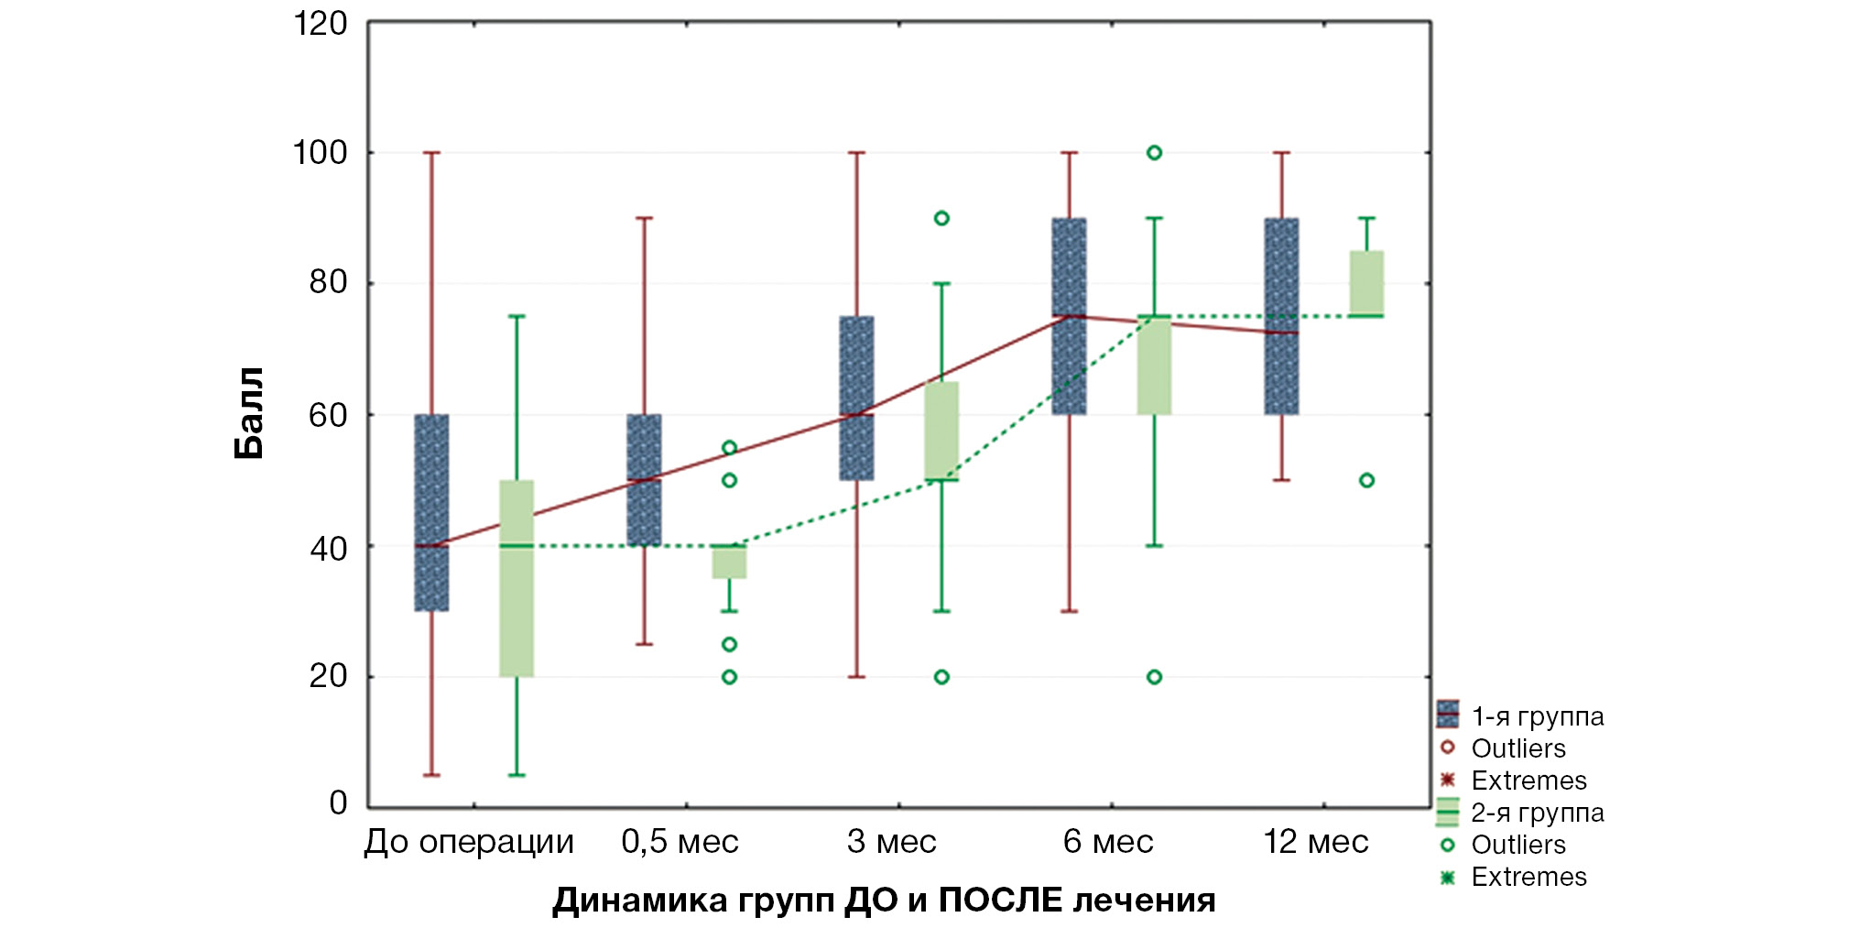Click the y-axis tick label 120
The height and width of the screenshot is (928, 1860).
[320, 24]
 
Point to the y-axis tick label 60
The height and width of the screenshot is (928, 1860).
[328, 416]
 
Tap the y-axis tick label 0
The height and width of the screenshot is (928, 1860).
[338, 803]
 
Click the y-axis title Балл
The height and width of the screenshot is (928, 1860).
[249, 413]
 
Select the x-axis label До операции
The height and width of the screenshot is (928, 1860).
[469, 842]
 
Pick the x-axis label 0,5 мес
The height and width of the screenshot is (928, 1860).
[680, 842]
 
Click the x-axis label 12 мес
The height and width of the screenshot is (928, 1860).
[1315, 842]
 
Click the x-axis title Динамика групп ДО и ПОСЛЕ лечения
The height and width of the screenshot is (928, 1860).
[884, 901]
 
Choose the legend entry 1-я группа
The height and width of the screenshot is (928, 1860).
[1537, 716]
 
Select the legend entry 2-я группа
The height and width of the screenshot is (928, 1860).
[1537, 813]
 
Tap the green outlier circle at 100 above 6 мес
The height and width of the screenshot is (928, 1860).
[1154, 153]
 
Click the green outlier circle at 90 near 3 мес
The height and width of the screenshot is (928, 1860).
[941, 218]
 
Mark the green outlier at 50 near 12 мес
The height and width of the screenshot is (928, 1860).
[1366, 480]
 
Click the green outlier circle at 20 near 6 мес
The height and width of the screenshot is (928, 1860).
[1154, 677]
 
